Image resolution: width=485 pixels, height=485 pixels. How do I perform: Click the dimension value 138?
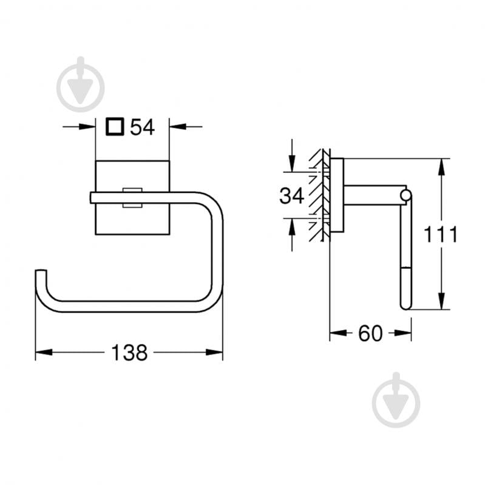tap(129, 352)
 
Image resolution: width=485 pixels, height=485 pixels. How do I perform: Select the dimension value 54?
tap(143, 127)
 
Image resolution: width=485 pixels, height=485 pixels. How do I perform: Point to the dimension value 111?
tap(441, 234)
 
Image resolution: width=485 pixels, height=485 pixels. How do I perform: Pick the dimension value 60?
tap(370, 333)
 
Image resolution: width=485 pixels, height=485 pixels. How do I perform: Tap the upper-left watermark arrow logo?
tap(80, 84)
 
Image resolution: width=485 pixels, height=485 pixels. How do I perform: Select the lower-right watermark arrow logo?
tap(396, 400)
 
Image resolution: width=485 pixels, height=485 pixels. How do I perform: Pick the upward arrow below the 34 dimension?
tap(292, 226)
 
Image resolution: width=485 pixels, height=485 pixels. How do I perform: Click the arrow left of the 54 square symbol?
tap(88, 127)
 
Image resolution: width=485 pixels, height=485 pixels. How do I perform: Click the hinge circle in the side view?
tap(405, 194)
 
